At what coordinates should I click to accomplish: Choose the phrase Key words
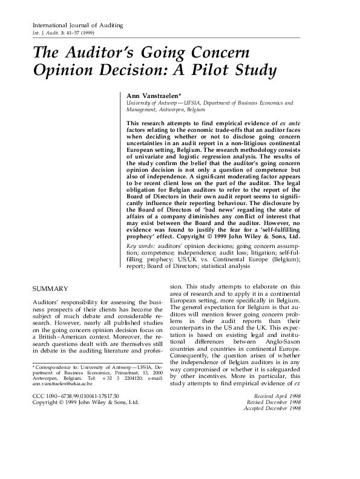(140, 247)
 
